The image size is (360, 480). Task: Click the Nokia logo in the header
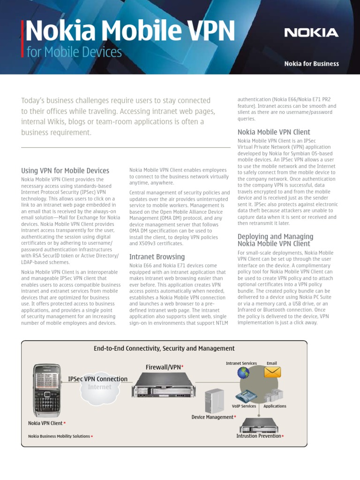coord(311,33)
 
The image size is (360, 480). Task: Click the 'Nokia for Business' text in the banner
coord(311,64)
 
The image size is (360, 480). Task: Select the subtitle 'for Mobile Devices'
coord(74,52)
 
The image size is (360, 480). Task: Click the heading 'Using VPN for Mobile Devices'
coord(65,171)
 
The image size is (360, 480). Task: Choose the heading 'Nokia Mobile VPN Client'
coord(274,132)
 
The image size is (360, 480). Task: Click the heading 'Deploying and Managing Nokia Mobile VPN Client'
coord(275,240)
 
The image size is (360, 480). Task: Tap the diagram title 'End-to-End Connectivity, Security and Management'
coord(164,348)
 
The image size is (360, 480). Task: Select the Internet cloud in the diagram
coord(99,388)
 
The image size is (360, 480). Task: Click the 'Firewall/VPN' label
coord(163,367)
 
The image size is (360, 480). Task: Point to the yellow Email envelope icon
coord(272,372)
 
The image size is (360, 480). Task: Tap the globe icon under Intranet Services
coord(243,373)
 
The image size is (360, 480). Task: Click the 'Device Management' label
coord(212,417)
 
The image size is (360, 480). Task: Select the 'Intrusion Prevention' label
coord(259,436)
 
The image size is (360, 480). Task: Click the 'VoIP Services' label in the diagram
coord(244,406)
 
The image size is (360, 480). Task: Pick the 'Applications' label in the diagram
coord(275,406)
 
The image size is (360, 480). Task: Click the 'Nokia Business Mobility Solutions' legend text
coord(59,436)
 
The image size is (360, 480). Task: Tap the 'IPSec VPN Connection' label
coord(97,379)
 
